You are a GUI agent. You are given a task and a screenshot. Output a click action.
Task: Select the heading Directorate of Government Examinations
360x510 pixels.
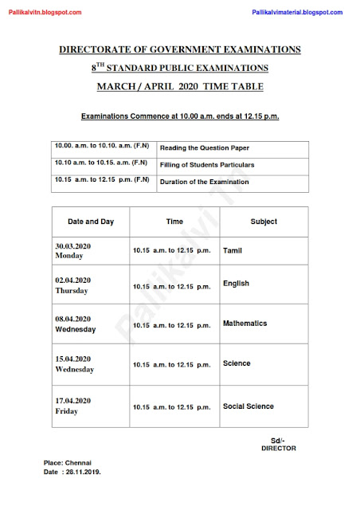[x=179, y=49]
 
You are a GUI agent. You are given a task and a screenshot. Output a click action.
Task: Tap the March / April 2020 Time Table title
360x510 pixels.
[x=179, y=85]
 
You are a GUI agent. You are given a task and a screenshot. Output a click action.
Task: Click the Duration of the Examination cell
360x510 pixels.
[x=205, y=182]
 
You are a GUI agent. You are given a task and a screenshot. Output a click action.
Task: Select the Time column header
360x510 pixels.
[x=174, y=221]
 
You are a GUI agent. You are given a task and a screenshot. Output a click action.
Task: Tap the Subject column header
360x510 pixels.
[x=264, y=221]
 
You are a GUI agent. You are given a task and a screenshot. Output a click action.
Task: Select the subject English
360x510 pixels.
[x=237, y=283]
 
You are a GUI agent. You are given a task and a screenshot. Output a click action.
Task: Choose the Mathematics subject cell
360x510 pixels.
[x=245, y=324]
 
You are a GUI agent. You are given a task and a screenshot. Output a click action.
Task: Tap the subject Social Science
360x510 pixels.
[x=248, y=406]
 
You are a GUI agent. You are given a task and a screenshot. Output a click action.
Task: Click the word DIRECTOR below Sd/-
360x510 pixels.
[x=278, y=449]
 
